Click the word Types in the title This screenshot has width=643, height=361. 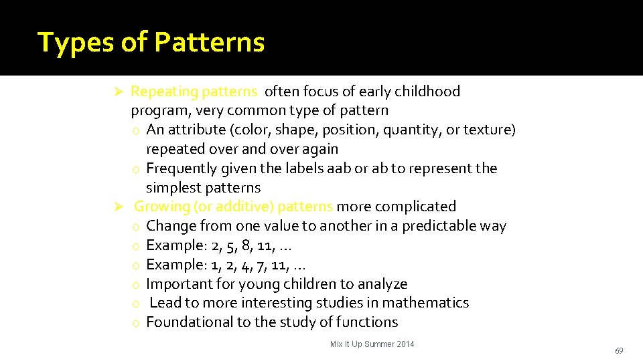pos(75,42)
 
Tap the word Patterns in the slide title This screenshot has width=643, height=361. pos(209,42)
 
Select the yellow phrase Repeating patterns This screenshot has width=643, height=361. pos(194,92)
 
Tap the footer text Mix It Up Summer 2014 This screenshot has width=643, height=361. pos(372,344)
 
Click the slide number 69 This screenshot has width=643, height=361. pos(619,351)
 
